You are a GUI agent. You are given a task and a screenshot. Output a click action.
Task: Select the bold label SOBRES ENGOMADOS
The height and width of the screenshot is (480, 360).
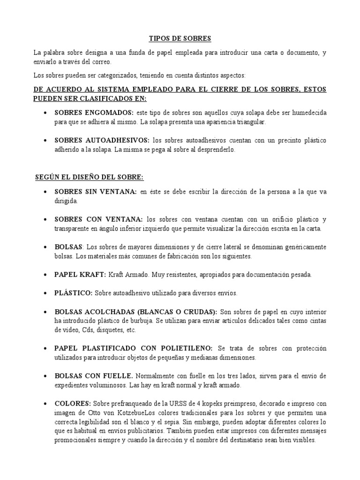[94, 113]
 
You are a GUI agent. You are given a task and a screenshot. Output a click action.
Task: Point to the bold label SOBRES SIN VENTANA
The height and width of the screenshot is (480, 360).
[96, 192]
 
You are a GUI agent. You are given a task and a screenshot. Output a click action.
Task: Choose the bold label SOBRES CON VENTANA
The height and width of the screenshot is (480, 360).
[98, 219]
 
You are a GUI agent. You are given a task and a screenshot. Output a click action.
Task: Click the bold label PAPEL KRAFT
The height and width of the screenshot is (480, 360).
[80, 274]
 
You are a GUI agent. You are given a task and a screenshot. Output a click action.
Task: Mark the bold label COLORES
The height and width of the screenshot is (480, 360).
[73, 403]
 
